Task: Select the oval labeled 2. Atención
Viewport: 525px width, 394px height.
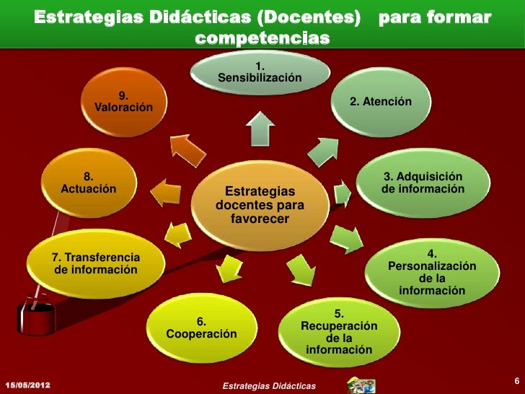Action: coord(380,103)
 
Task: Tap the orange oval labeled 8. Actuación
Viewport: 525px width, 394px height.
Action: coord(89,185)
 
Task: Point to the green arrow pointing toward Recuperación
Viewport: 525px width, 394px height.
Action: coord(299,270)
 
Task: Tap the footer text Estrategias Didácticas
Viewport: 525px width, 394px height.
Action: coord(269,388)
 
